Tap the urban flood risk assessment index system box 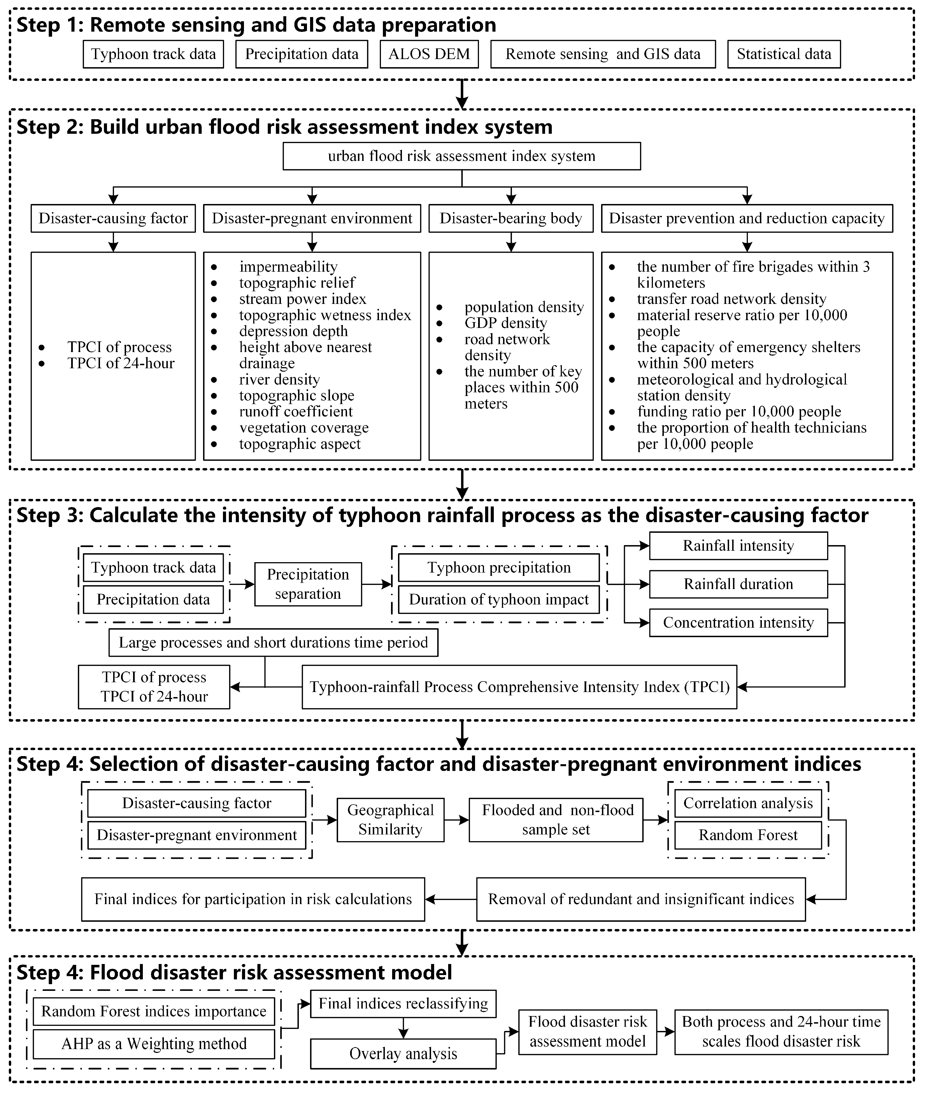click(x=461, y=156)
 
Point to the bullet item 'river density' click(x=279, y=379)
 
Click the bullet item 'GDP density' click(x=506, y=323)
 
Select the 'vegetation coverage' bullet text click(x=304, y=428)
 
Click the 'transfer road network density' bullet click(x=731, y=299)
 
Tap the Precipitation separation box click(x=308, y=584)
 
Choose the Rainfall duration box click(x=738, y=584)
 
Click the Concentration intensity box click(x=738, y=623)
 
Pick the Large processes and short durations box click(x=273, y=642)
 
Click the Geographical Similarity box click(x=390, y=820)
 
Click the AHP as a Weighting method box click(x=154, y=1044)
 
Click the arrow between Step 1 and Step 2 click(x=461, y=94)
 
